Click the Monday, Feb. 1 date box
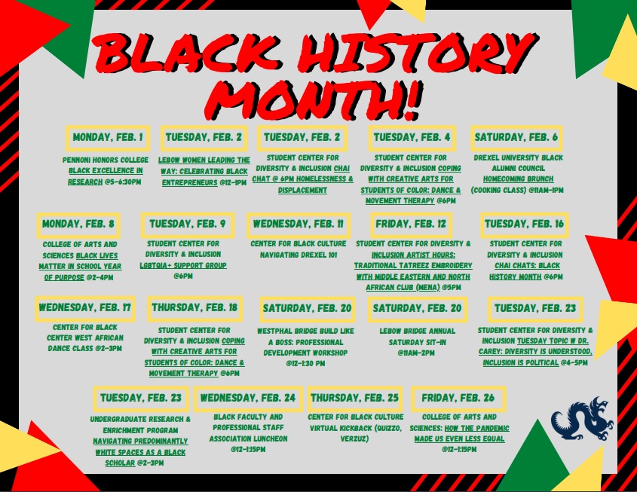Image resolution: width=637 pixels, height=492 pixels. (107, 138)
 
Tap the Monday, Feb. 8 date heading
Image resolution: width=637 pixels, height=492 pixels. (78, 225)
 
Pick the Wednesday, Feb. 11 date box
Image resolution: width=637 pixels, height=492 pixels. (299, 225)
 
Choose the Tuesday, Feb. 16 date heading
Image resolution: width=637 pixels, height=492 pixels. (525, 225)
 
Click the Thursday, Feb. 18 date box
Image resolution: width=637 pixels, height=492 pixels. (194, 308)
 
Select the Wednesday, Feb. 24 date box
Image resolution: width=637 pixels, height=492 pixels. (248, 398)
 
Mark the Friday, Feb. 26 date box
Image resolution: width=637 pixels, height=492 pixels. (458, 398)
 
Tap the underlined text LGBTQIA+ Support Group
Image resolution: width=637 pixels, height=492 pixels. (184, 266)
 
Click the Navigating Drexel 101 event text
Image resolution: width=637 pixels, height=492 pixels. (299, 255)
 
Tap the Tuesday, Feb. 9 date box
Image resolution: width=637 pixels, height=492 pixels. (187, 225)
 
